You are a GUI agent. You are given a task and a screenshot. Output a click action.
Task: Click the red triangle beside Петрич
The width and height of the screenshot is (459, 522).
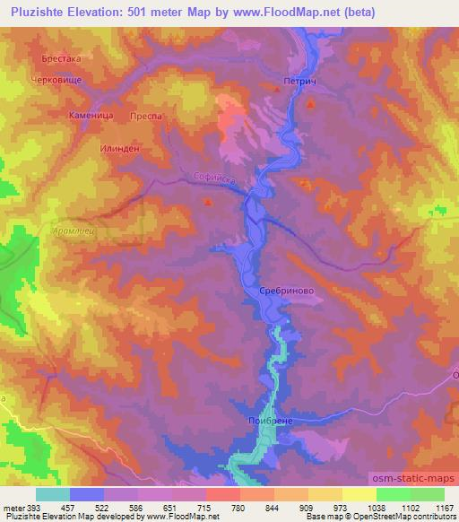pyautogui.click(x=311, y=105)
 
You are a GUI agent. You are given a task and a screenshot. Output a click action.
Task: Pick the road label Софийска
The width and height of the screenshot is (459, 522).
pyautogui.click(x=213, y=179)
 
